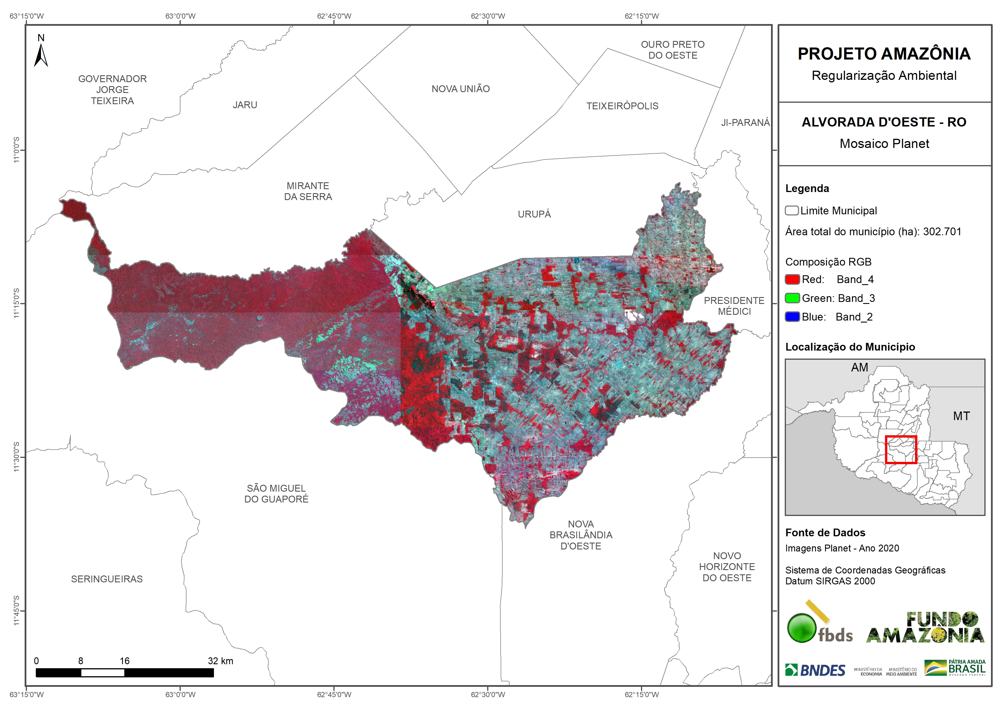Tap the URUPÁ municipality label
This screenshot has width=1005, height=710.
pyautogui.click(x=534, y=214)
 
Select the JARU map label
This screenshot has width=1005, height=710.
pyautogui.click(x=245, y=105)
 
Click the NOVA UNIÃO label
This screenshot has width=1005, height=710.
pyautogui.click(x=461, y=89)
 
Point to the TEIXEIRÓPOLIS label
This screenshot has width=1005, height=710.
pyautogui.click(x=622, y=106)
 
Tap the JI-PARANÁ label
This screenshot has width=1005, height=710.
pyautogui.click(x=745, y=122)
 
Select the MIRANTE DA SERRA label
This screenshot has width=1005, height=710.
pyautogui.click(x=308, y=191)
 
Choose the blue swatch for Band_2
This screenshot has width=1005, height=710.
pyautogui.click(x=792, y=317)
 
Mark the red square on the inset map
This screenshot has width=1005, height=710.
pyautogui.click(x=900, y=449)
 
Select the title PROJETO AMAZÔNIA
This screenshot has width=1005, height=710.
pyautogui.click(x=884, y=54)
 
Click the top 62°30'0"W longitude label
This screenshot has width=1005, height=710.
pyautogui.click(x=488, y=16)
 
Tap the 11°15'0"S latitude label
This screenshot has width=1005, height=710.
pyautogui.click(x=16, y=303)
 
